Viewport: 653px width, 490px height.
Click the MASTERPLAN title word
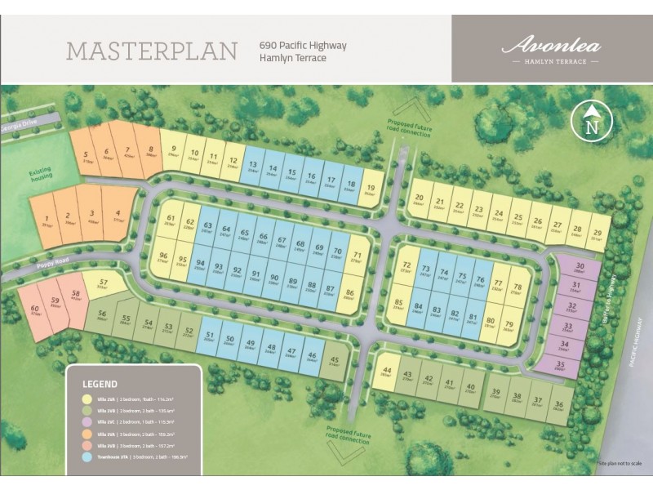coord(152,51)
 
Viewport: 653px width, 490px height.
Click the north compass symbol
coord(593,122)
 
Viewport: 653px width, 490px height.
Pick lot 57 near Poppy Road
coord(102,282)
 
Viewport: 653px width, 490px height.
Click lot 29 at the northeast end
coord(597,235)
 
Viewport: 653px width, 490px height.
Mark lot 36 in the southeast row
coord(558,406)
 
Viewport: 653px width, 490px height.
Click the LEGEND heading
coord(100,383)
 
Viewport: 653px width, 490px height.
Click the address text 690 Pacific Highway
coord(303,46)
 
